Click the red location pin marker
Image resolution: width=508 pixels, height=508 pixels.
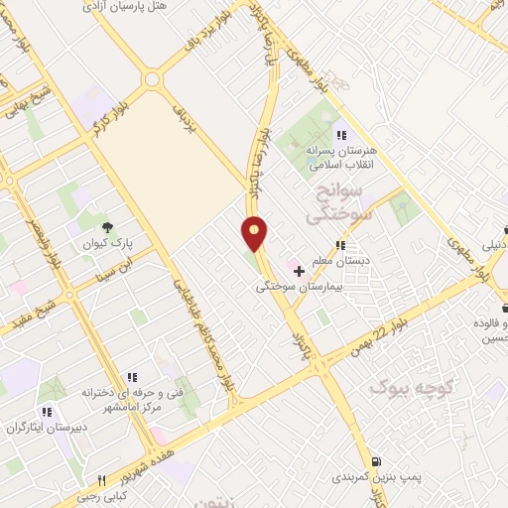(255, 233)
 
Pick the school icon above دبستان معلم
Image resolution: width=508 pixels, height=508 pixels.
(340, 245)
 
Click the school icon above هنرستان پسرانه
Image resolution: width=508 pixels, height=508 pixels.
(340, 135)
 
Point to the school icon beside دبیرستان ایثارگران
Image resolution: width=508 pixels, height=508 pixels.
(46, 412)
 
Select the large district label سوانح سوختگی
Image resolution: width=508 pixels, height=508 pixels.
(336, 199)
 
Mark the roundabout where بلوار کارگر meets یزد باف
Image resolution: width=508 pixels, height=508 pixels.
(152, 79)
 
